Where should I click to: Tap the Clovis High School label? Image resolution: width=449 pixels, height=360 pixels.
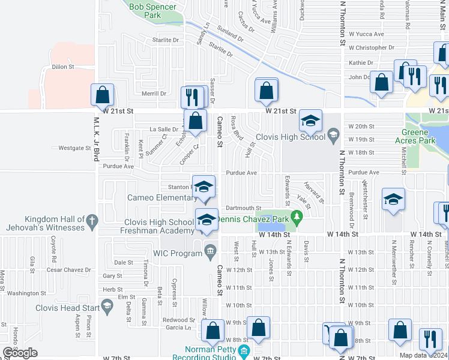click(x=290, y=137)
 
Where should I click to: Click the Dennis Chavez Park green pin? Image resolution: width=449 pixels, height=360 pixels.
click(x=295, y=216)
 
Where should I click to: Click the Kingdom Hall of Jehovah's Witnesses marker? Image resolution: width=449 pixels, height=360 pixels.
click(x=92, y=221)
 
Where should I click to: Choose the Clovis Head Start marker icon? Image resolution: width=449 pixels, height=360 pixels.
click(x=107, y=308)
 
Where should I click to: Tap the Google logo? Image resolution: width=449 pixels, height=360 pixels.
click(x=20, y=353)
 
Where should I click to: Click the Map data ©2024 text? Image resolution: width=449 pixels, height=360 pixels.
click(x=423, y=355)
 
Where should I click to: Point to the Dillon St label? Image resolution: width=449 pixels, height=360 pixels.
click(x=62, y=67)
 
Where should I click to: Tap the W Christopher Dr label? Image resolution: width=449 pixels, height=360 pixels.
click(x=367, y=47)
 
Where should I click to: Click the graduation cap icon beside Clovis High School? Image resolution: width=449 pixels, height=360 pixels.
click(x=311, y=122)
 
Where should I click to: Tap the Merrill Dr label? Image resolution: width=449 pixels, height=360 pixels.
click(x=154, y=94)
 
